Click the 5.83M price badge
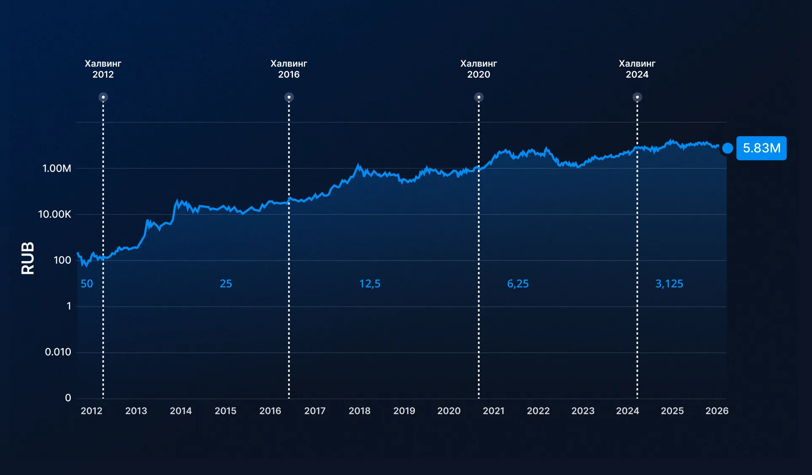click(x=761, y=148)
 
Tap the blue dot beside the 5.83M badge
click(x=727, y=148)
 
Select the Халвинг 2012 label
click(x=103, y=69)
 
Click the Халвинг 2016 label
click(x=289, y=69)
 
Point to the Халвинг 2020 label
click(x=479, y=69)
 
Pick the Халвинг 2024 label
click(x=637, y=69)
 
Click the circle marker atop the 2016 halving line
click(x=289, y=97)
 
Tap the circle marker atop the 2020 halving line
click(x=479, y=97)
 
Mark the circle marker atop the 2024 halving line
click(x=637, y=97)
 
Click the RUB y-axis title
click(x=28, y=258)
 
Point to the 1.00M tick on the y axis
click(x=57, y=168)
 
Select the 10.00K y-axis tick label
click(x=55, y=214)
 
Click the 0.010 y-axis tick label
click(x=58, y=352)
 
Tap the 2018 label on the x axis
click(x=359, y=411)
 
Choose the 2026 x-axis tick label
click(x=717, y=411)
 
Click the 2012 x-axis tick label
click(x=91, y=411)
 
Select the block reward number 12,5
click(x=370, y=283)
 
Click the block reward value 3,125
click(x=669, y=283)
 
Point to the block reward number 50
click(x=87, y=283)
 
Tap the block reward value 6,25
click(x=518, y=283)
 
